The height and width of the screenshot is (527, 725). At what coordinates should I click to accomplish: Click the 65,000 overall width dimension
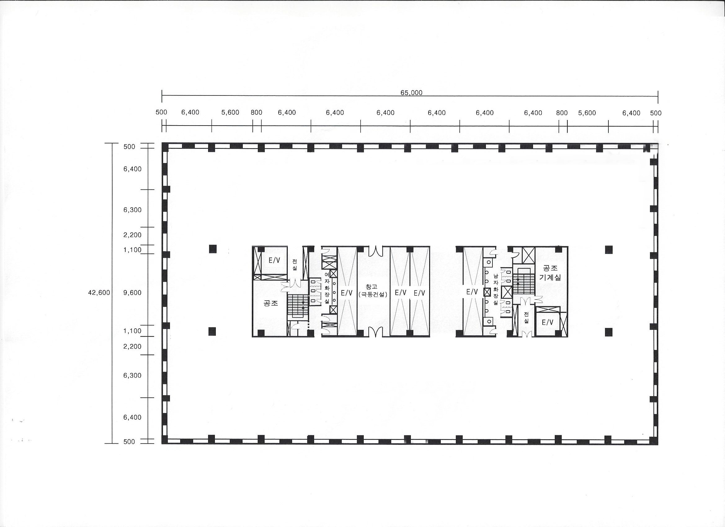tap(411, 93)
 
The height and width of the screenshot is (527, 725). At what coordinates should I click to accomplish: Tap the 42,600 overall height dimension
tap(99, 292)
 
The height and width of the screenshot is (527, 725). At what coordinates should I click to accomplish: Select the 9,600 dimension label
tap(132, 292)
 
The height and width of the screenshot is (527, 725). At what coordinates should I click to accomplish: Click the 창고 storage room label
tap(372, 287)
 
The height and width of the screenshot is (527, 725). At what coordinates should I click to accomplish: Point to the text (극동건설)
tap(373, 294)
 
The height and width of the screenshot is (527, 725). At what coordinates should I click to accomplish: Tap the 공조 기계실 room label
tap(550, 273)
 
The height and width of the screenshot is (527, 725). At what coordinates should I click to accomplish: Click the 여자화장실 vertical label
tap(327, 288)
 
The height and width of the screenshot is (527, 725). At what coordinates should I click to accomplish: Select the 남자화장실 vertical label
tap(496, 289)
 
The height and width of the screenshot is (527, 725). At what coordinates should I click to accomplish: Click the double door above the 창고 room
tap(374, 251)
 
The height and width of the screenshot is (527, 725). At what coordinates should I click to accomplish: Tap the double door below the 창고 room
tap(374, 332)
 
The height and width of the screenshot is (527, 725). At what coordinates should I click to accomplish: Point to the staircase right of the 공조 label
tap(297, 306)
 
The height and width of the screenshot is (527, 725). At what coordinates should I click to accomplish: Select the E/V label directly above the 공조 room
tap(274, 260)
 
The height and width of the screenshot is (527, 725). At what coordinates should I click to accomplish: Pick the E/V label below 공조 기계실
tap(547, 323)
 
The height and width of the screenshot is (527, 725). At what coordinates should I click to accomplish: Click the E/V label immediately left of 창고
tap(346, 292)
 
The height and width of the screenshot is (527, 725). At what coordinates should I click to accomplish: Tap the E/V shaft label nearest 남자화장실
tap(472, 291)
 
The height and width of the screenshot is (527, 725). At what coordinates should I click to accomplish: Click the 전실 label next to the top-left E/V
tap(295, 264)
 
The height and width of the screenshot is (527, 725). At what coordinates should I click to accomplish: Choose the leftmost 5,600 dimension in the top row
tap(230, 113)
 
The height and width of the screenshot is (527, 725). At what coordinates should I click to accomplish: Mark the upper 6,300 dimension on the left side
tap(132, 210)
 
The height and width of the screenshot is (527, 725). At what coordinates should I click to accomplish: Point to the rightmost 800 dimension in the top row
tap(562, 113)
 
